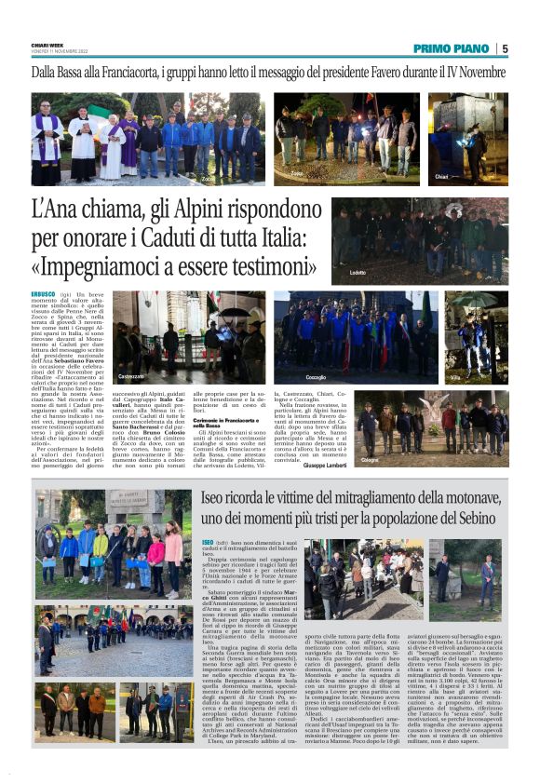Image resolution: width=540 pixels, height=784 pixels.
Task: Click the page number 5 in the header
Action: pyautogui.click(x=504, y=48)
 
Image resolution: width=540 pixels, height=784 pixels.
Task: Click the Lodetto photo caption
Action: pyautogui.click(x=358, y=272)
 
